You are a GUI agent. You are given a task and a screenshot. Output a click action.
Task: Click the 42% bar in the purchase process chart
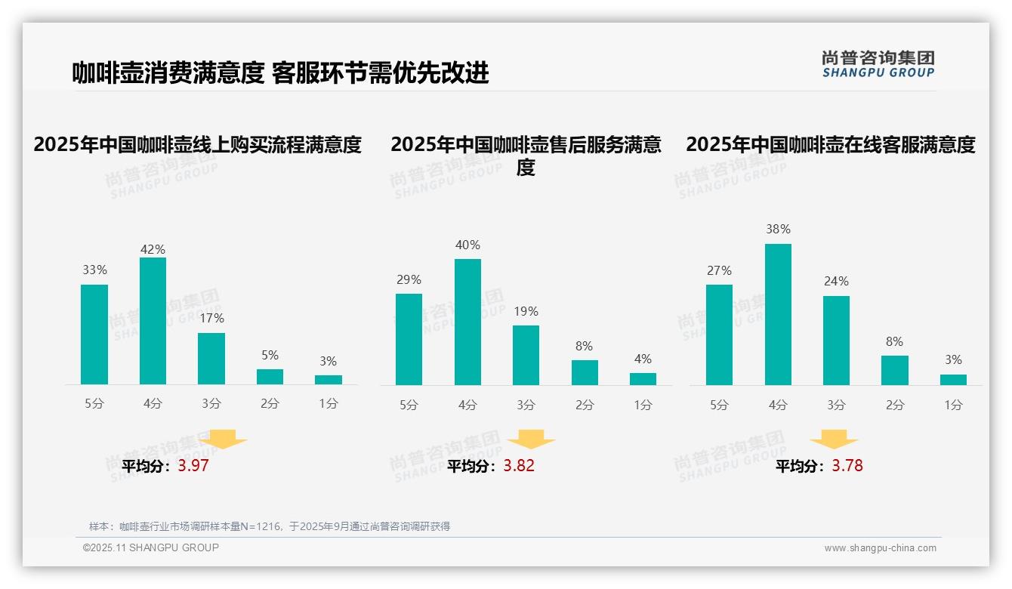tap(153, 321)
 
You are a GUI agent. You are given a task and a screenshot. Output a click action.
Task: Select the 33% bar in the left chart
tap(94, 335)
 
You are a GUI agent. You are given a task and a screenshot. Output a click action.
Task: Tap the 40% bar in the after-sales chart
tap(467, 322)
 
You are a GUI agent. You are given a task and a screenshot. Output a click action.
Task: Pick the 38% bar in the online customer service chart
tap(778, 314)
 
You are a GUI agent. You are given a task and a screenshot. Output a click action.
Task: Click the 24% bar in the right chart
tap(836, 341)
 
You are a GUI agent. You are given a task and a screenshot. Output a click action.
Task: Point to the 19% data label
tap(526, 311)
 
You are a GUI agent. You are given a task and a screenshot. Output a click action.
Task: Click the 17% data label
tap(211, 319)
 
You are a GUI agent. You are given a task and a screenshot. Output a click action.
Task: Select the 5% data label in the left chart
tap(270, 355)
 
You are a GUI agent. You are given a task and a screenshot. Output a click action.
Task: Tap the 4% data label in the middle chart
tap(643, 359)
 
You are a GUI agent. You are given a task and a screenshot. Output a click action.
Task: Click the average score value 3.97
tap(193, 466)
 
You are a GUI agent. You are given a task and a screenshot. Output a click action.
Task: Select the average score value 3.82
tap(519, 466)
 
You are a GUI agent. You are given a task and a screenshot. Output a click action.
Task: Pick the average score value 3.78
tap(847, 466)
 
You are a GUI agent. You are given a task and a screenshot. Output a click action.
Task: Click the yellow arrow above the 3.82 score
tap(531, 439)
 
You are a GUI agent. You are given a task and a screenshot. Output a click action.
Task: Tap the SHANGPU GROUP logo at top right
tap(878, 64)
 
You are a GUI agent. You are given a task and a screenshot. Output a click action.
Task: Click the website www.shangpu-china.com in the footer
tap(880, 548)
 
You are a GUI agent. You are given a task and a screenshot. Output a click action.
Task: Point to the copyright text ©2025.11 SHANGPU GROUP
tap(150, 547)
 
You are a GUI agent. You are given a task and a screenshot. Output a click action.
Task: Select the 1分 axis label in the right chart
tap(953, 405)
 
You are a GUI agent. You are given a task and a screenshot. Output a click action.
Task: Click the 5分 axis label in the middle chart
tap(409, 405)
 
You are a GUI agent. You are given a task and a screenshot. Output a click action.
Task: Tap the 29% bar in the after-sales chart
tap(409, 339)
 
